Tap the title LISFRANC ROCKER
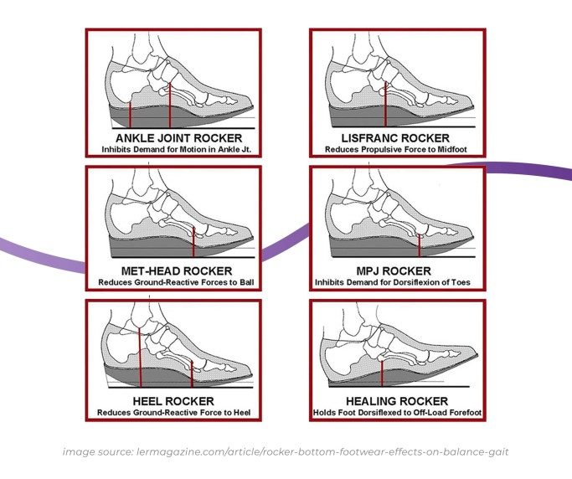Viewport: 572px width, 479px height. pyautogui.click(x=399, y=137)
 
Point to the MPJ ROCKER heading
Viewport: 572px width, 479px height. pyautogui.click(x=399, y=270)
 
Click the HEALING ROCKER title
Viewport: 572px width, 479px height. pyautogui.click(x=399, y=401)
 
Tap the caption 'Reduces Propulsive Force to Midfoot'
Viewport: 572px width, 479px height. pyautogui.click(x=399, y=149)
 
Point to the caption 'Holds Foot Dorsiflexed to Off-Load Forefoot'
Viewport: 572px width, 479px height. pyautogui.click(x=399, y=413)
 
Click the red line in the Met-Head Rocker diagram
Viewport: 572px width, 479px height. pyautogui.click(x=193, y=241)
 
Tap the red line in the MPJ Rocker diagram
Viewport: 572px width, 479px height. pyautogui.click(x=420, y=241)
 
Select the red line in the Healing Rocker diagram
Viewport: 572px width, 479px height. pyautogui.click(x=382, y=369)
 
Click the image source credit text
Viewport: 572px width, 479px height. pyautogui.click(x=285, y=452)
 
